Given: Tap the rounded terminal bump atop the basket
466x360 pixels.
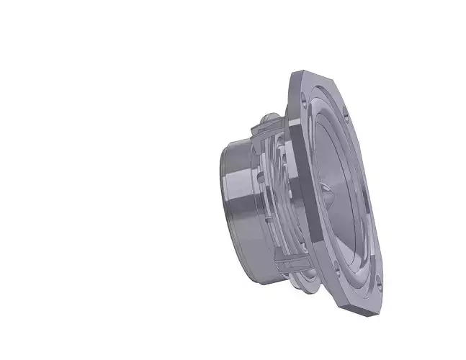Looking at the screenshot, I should (267, 115).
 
